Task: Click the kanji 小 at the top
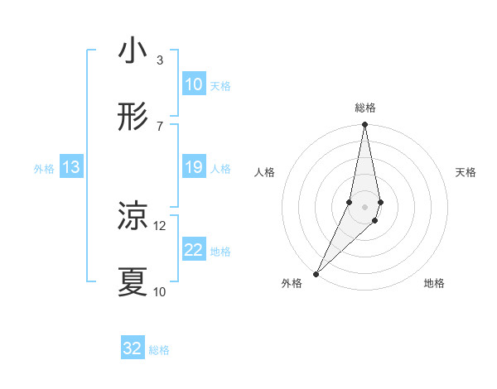(133, 53)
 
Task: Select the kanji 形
(133, 118)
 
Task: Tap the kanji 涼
(133, 217)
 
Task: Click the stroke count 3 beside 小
(159, 60)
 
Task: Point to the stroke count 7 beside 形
(159, 126)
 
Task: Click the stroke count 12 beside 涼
(160, 225)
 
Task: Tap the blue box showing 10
(194, 84)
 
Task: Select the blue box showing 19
(194, 167)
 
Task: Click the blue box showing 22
(194, 250)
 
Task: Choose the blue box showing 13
(71, 167)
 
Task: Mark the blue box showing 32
(133, 348)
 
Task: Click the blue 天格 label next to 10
(220, 86)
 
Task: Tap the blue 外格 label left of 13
(44, 169)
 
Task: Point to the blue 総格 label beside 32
(159, 350)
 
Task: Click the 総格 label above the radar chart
(365, 108)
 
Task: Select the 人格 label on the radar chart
(264, 172)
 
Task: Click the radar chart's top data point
(364, 125)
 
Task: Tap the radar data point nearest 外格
(316, 273)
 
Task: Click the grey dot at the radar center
(364, 206)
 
